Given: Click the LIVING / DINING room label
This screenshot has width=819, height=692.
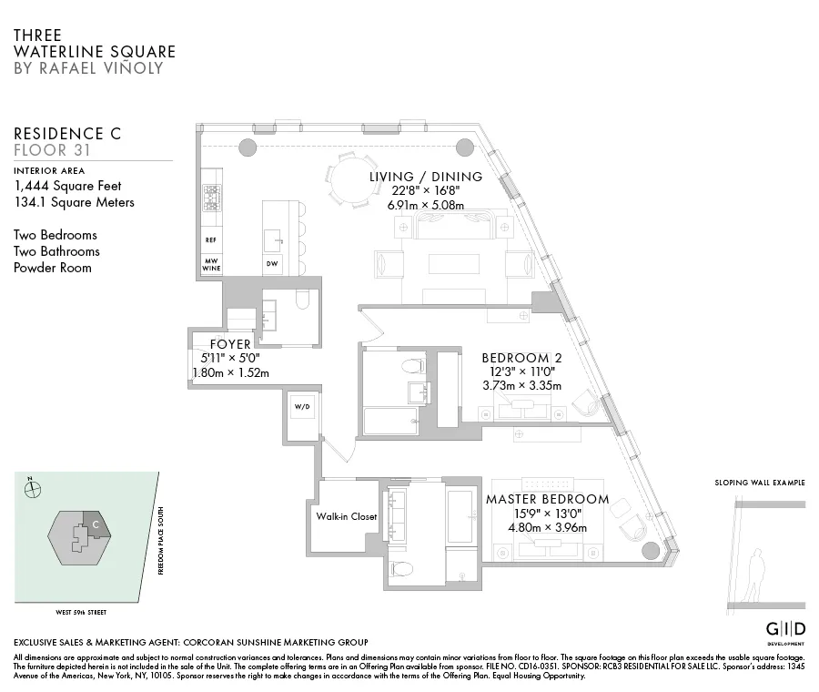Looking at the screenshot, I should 426,177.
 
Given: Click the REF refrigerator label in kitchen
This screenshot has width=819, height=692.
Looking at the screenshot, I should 210,240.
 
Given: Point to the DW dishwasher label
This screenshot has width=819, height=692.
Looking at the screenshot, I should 272,264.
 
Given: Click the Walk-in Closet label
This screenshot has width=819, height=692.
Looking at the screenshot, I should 346,516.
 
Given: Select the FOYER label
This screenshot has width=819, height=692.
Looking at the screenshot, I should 230,344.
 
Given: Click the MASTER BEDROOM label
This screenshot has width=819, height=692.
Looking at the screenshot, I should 547,499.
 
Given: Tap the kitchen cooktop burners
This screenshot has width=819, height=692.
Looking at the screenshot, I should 210,198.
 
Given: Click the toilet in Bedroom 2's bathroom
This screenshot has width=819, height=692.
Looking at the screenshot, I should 414,366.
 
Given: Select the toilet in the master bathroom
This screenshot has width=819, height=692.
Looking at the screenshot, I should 400,569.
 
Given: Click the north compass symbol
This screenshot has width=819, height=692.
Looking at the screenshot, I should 34,488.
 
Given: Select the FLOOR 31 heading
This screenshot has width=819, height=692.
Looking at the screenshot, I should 50,149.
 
